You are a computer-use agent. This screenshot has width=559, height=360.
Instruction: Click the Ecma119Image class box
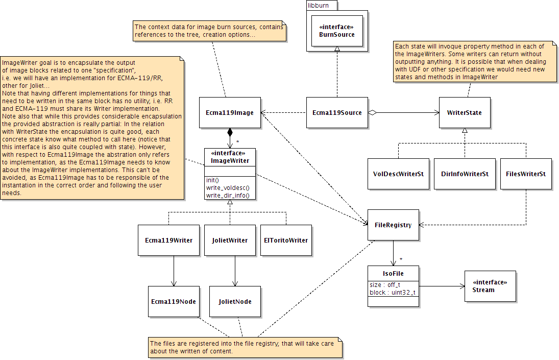pyautogui.click(x=230, y=112)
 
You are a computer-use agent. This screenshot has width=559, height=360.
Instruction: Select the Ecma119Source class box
pyautogui.click(x=337, y=112)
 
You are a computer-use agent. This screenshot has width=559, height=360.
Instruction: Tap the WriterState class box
pyautogui.click(x=465, y=112)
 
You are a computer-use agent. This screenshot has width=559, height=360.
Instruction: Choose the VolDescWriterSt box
pyautogui.click(x=398, y=174)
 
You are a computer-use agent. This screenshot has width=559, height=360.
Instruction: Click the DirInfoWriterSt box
pyautogui.click(x=465, y=174)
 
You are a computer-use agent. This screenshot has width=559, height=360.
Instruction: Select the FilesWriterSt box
pyautogui.click(x=526, y=174)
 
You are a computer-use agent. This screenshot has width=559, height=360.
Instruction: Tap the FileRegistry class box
pyautogui.click(x=393, y=225)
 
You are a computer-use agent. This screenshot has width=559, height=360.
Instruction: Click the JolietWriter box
pyautogui.click(x=230, y=240)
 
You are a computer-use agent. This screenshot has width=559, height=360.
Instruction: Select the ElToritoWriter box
pyautogui.click(x=286, y=240)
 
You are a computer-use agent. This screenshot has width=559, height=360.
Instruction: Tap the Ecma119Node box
pyautogui.click(x=174, y=301)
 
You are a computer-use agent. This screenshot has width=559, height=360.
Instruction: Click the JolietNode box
pyautogui.click(x=235, y=301)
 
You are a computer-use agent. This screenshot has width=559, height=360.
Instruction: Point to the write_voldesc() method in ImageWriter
pyautogui.click(x=225, y=187)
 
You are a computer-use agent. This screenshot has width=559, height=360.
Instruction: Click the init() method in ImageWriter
pyautogui.click(x=213, y=180)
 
